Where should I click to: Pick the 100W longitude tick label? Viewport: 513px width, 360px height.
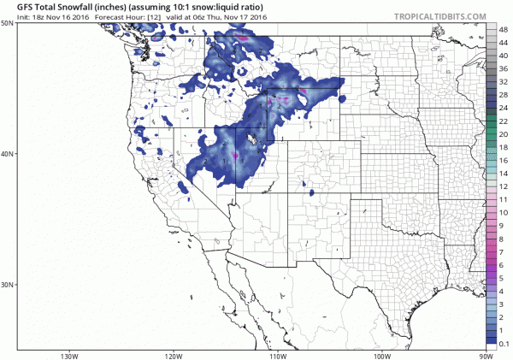point(381,355)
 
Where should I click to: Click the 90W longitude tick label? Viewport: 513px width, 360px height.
point(486,355)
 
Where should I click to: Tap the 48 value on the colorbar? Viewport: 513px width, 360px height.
point(505,28)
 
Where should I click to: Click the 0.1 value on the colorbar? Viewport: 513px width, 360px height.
point(504,343)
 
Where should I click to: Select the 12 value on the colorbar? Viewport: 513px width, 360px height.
point(505,186)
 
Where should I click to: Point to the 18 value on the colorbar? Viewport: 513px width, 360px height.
point(505,147)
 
